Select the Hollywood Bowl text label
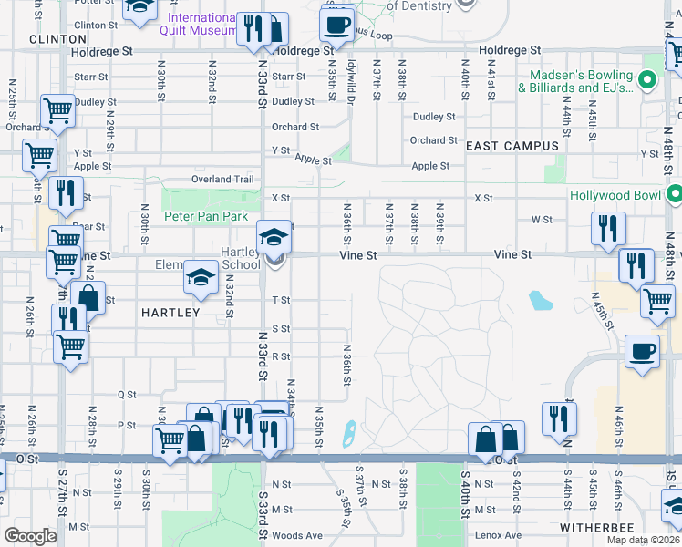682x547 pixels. (616, 195)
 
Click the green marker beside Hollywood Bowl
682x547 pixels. (674, 194)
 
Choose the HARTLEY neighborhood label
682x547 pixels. (170, 313)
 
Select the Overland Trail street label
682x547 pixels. (222, 180)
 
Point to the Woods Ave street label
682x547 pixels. (297, 535)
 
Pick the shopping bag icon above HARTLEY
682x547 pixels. (88, 298)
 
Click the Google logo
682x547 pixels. (30, 536)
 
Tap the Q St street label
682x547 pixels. (127, 395)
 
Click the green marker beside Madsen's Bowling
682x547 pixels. (648, 80)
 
